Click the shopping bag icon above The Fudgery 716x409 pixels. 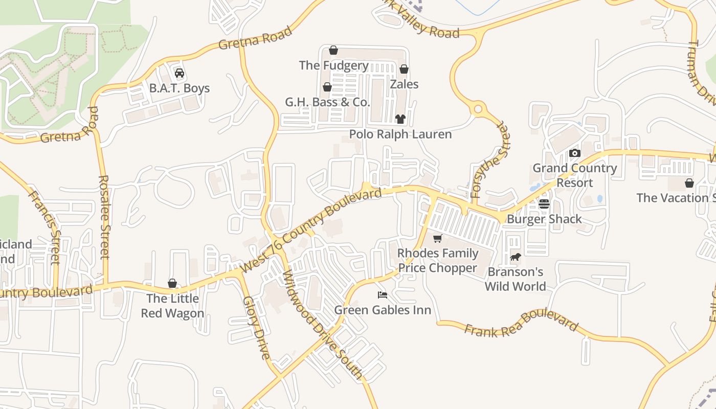click(x=333, y=50)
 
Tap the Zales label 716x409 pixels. click(x=404, y=84)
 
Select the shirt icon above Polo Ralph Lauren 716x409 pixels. click(x=400, y=119)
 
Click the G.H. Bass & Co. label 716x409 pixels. click(x=327, y=102)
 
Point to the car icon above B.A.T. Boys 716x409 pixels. click(x=179, y=73)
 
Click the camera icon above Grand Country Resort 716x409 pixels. click(x=575, y=153)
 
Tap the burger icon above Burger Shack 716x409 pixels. click(x=544, y=204)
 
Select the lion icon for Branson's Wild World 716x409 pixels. click(x=515, y=257)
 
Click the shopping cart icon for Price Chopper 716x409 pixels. click(x=437, y=239)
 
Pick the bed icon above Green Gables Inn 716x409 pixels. click(x=382, y=294)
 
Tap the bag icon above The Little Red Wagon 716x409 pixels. click(x=172, y=283)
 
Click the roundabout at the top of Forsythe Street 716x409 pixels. click(x=479, y=109)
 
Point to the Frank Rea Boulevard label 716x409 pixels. click(x=521, y=323)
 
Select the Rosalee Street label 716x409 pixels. click(x=104, y=217)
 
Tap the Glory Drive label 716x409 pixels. click(x=256, y=328)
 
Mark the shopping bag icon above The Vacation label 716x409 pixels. click(x=689, y=183)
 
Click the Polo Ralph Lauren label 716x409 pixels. click(x=400, y=134)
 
